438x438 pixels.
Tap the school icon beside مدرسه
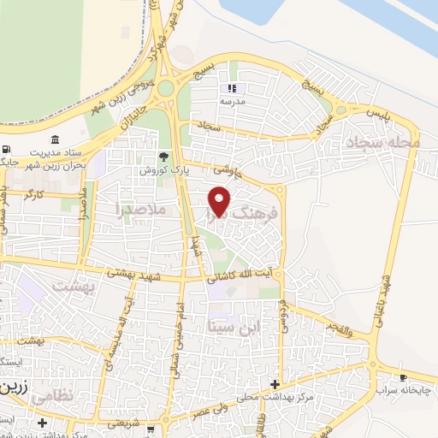(x=230, y=88)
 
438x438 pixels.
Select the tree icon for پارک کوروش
(x=163, y=157)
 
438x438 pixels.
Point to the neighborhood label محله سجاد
(x=380, y=142)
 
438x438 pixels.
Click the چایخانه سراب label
(x=400, y=390)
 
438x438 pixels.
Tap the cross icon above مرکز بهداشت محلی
(x=275, y=384)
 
